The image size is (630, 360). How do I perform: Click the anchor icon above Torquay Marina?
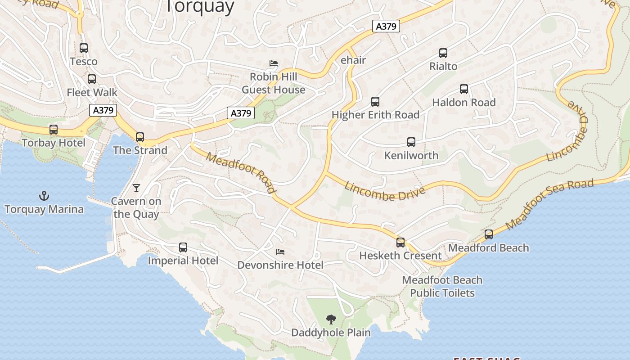pos(44,195)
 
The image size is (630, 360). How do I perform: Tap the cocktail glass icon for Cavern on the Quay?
pos(136,188)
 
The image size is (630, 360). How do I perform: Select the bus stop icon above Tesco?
pos(84,48)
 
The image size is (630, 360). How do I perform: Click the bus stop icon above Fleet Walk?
pos(92,79)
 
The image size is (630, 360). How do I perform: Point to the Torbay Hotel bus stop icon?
pos(54,130)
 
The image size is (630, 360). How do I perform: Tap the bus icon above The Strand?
pos(140,137)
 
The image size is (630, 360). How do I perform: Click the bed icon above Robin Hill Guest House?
pos(274,63)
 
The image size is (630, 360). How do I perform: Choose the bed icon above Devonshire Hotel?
pos(280,252)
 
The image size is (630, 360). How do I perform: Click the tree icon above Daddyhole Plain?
pos(331,319)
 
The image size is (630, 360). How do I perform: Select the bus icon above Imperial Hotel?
pos(183,247)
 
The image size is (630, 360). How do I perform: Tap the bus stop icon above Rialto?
pos(443,53)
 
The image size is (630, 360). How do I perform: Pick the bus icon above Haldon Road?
pos(464,89)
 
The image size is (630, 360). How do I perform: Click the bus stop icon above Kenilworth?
pos(411,142)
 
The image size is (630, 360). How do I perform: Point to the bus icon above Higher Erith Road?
pos(375,102)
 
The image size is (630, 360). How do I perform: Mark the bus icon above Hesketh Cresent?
pos(400,243)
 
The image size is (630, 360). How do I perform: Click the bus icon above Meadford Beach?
pos(489,234)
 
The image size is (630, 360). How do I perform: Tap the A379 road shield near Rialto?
pos(386,26)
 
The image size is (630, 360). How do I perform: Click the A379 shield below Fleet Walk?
pos(103,110)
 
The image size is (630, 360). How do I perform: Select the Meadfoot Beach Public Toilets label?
pos(442,286)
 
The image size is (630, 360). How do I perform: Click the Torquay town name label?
pos(200,7)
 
